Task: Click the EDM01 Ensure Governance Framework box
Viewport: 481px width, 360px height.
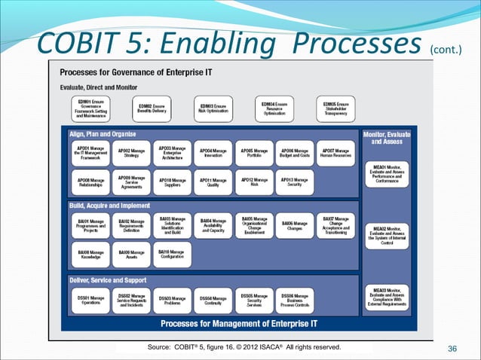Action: pyautogui.click(x=91, y=109)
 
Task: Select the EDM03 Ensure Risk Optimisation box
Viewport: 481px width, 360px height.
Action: pyautogui.click(x=213, y=108)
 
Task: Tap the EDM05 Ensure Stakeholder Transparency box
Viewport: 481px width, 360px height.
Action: pyautogui.click(x=335, y=108)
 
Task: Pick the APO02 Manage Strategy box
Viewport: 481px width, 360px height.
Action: pyautogui.click(x=131, y=153)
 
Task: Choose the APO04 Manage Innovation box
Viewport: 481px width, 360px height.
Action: pyautogui.click(x=213, y=153)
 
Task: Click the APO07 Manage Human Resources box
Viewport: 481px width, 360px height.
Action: pyautogui.click(x=335, y=153)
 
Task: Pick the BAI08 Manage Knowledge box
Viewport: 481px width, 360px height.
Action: pyautogui.click(x=91, y=255)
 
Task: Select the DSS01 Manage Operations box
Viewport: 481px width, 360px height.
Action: pyautogui.click(x=91, y=300)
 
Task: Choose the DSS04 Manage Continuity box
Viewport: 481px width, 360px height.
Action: pyautogui.click(x=213, y=300)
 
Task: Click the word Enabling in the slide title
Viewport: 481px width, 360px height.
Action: pyautogui.click(x=204, y=44)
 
